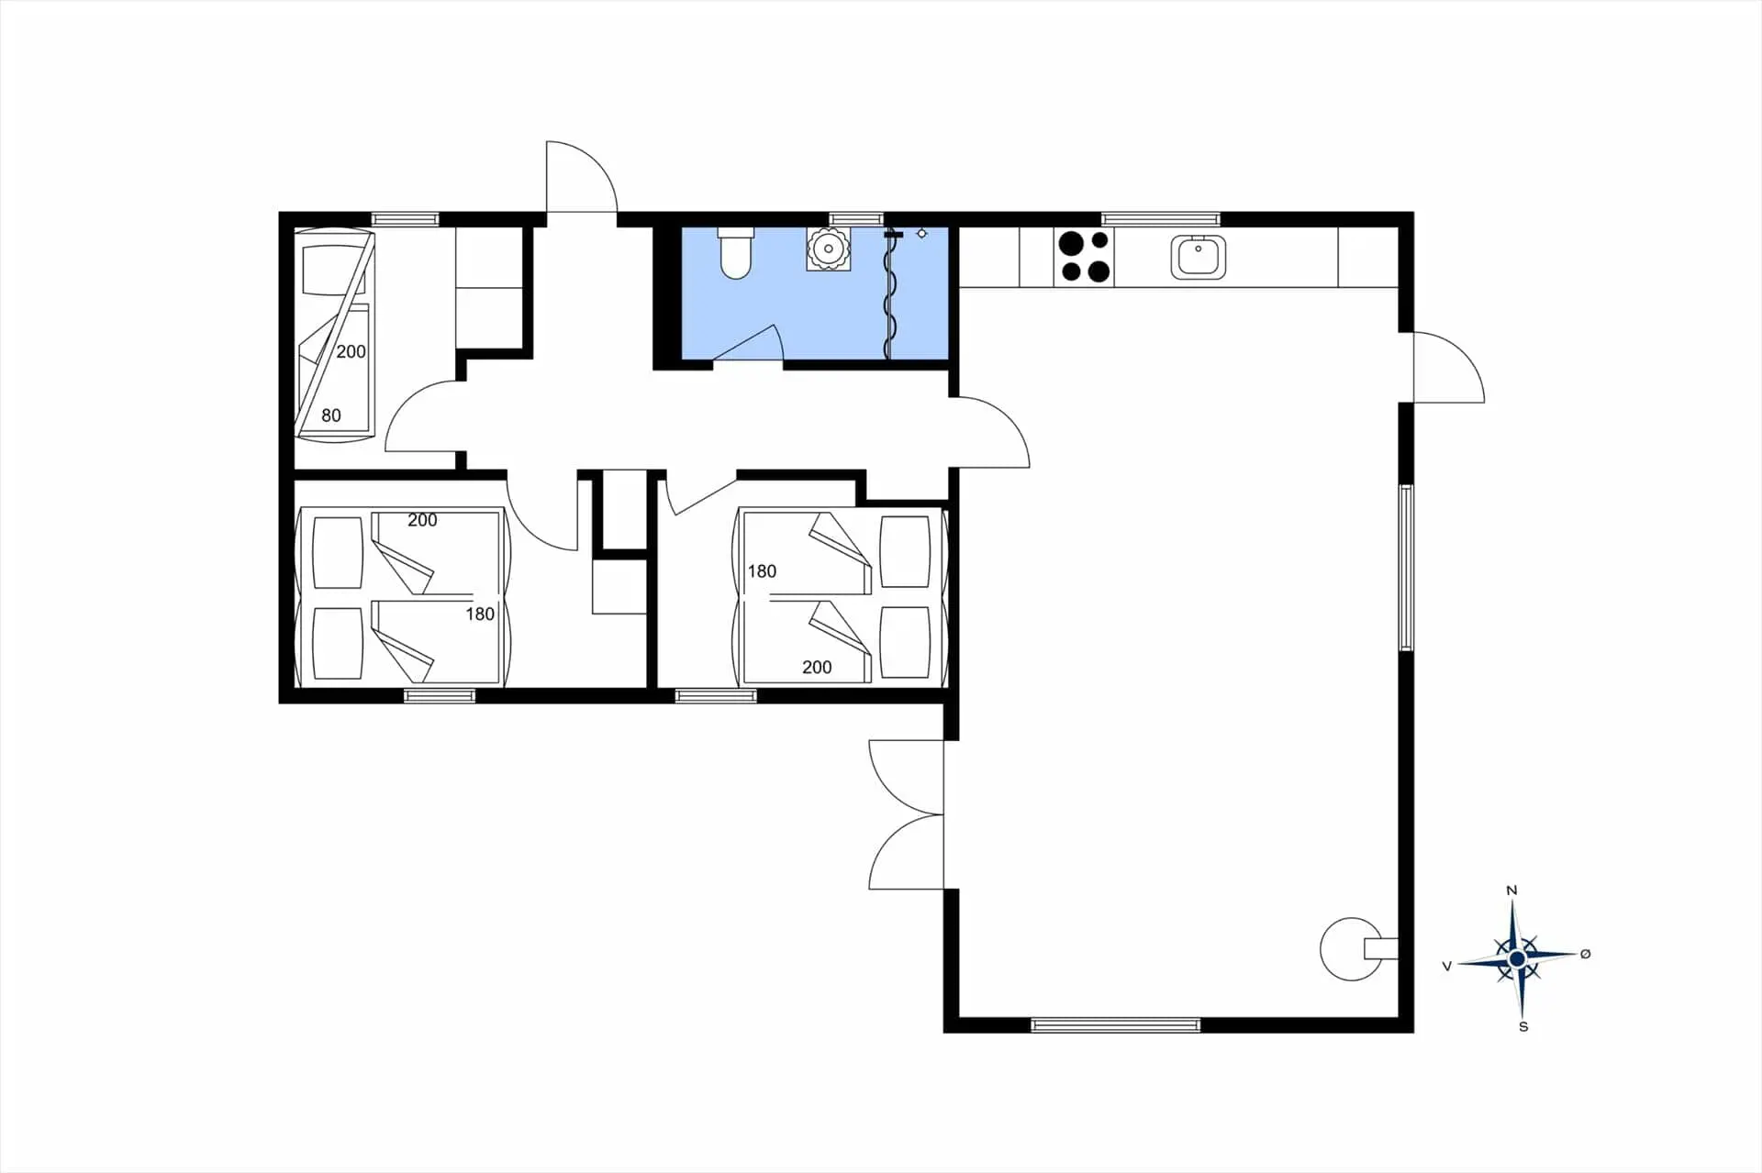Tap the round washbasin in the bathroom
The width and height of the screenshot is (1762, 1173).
(828, 249)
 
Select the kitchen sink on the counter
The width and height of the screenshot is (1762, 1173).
(1198, 256)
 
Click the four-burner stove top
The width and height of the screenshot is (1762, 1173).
(1085, 256)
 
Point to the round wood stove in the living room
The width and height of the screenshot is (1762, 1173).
(1351, 949)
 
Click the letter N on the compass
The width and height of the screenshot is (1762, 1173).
(1512, 891)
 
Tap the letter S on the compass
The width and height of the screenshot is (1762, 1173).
(1523, 1026)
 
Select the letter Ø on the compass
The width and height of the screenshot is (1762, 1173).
(1585, 954)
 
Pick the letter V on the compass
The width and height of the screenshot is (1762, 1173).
(1447, 966)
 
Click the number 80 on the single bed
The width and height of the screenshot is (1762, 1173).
(331, 415)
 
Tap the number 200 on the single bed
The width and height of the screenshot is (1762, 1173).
(351, 351)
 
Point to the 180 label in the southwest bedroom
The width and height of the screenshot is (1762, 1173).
(480, 614)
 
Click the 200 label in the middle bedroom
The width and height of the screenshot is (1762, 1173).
(817, 668)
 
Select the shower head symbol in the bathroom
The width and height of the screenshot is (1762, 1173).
(921, 234)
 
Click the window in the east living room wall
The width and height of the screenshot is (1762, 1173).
(1406, 568)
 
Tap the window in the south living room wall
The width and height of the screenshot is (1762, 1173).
(1115, 1025)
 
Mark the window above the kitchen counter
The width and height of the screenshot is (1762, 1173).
(1161, 219)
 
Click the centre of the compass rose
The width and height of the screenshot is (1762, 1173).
(1517, 959)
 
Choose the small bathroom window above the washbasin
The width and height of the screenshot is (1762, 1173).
(855, 219)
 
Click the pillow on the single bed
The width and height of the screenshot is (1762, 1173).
(333, 261)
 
